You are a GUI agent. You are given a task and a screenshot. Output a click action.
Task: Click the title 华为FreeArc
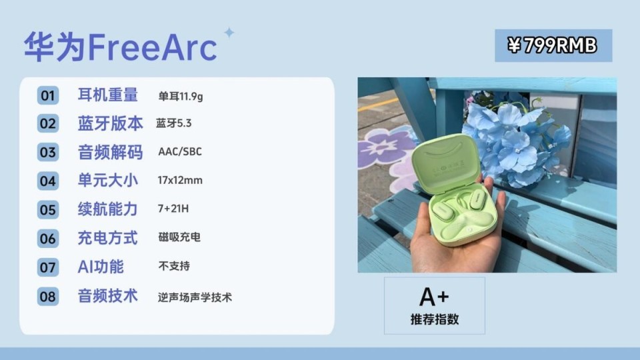pos(120,47)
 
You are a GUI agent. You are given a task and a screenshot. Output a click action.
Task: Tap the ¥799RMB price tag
pos(553,45)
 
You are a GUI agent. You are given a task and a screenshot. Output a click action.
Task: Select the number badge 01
pos(48,95)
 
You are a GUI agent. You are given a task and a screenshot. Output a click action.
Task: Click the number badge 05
pos(48,210)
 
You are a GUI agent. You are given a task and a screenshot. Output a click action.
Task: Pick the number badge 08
pos(48,296)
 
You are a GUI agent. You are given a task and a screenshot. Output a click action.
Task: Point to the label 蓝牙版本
pos(110,123)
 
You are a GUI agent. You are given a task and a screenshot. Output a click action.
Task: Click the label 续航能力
pos(108,209)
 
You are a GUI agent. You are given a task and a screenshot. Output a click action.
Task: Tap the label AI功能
pos(101,267)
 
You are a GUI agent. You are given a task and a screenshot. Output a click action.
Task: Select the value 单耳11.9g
pos(181,96)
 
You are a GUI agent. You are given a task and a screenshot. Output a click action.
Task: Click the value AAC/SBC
pos(180,151)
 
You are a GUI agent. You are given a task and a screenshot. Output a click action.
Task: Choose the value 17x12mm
pos(180,180)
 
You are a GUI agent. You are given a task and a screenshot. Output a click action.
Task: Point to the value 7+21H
pos(173,209)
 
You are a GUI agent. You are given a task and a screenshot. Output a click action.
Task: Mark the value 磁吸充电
pos(179,237)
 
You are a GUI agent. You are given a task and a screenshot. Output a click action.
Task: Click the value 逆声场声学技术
pos(195,297)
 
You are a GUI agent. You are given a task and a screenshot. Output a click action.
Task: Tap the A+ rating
pos(434,297)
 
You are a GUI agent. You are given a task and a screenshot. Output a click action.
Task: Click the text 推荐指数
pos(435,319)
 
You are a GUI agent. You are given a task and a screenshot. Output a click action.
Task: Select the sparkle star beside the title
pos(229,32)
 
